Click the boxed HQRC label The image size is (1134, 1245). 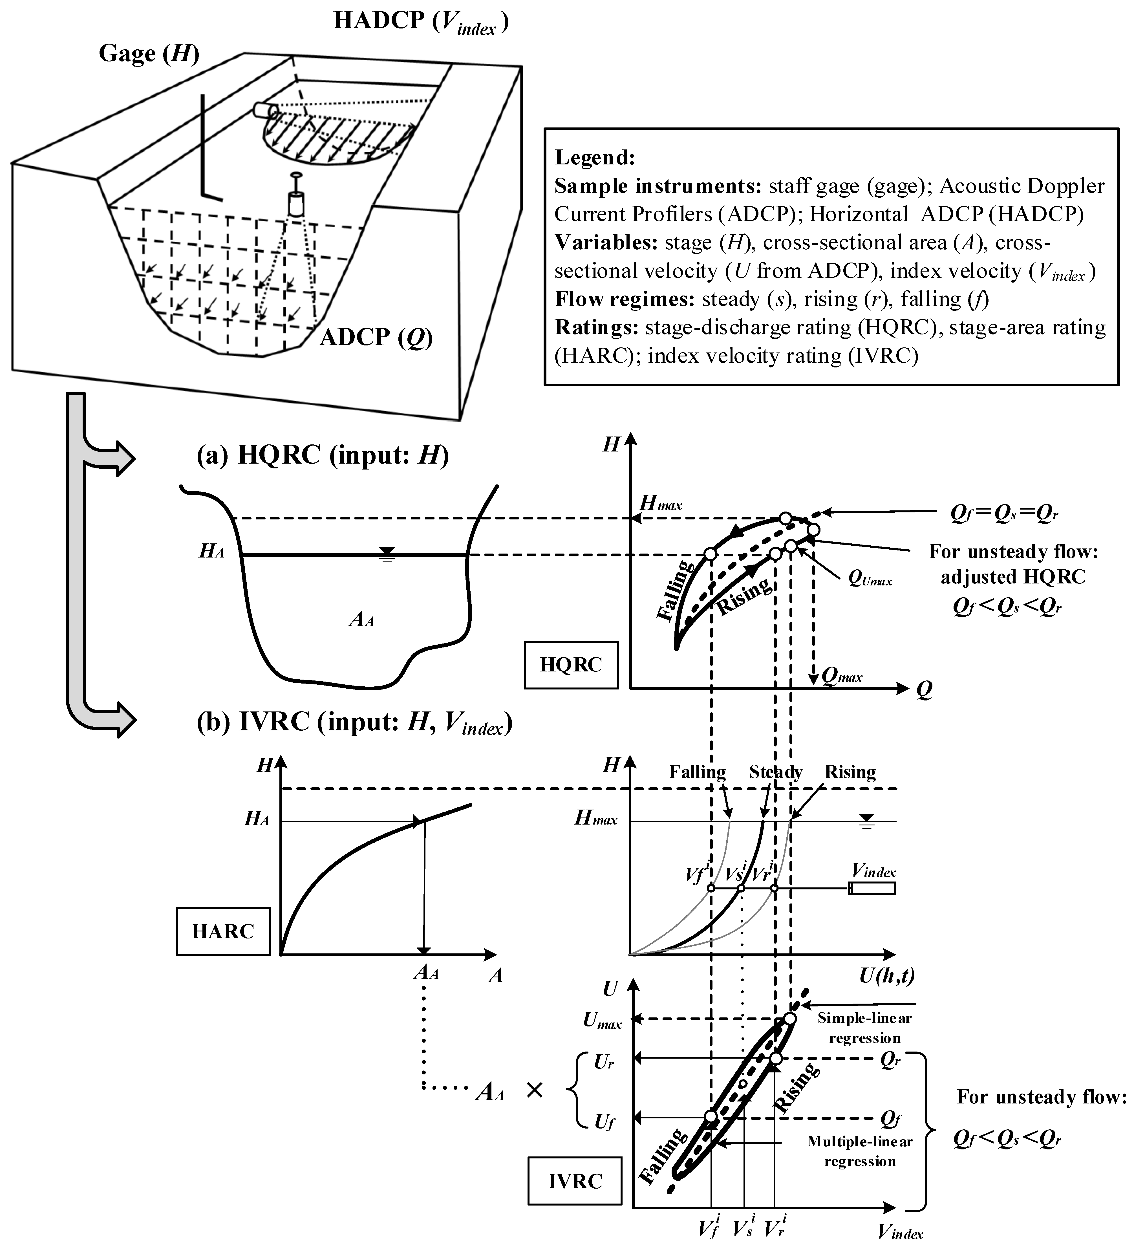(x=570, y=664)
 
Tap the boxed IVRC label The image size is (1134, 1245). (x=575, y=1181)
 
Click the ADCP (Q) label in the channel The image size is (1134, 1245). (x=375, y=337)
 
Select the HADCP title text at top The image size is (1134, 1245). (x=421, y=22)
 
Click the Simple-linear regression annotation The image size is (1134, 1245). (x=864, y=1028)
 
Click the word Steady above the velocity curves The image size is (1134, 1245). (x=775, y=772)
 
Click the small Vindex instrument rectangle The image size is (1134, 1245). (x=872, y=888)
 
